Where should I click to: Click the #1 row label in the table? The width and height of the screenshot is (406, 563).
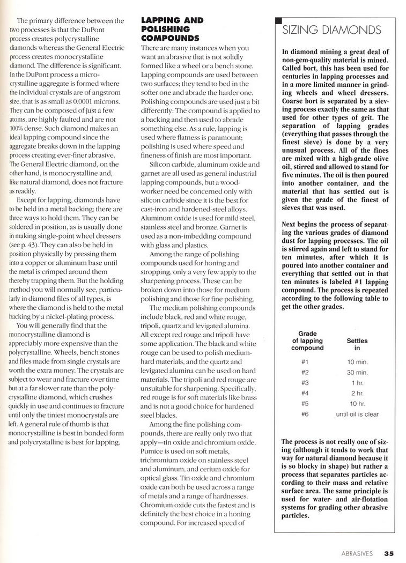[x=305, y=361]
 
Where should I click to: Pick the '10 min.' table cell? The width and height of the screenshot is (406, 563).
[x=357, y=361]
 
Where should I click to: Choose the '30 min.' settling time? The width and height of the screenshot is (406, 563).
[x=357, y=372]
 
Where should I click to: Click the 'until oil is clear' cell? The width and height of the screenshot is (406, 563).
[x=357, y=414]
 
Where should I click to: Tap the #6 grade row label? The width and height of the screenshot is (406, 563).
[x=305, y=414]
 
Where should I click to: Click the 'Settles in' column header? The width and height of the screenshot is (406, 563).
[x=357, y=344]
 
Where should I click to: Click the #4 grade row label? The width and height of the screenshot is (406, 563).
[x=305, y=393]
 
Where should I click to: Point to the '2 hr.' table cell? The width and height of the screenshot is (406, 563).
[x=357, y=393]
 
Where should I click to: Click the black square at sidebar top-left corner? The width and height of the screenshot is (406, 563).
[x=277, y=21]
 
